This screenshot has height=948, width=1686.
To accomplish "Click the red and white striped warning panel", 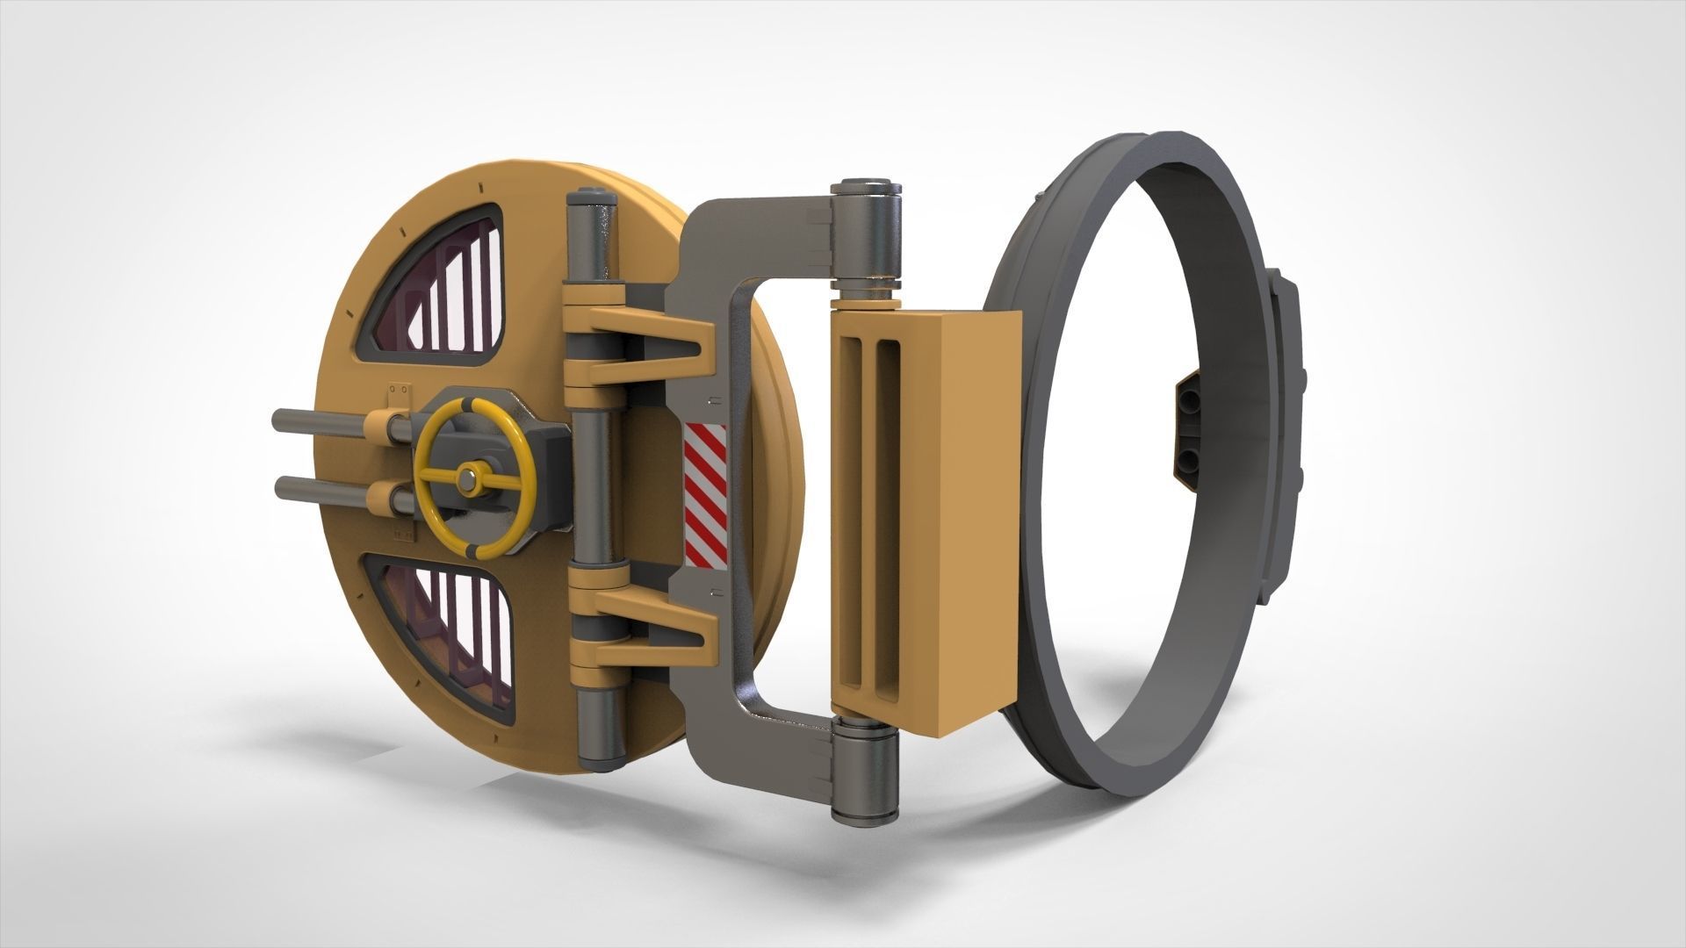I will (x=705, y=493).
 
